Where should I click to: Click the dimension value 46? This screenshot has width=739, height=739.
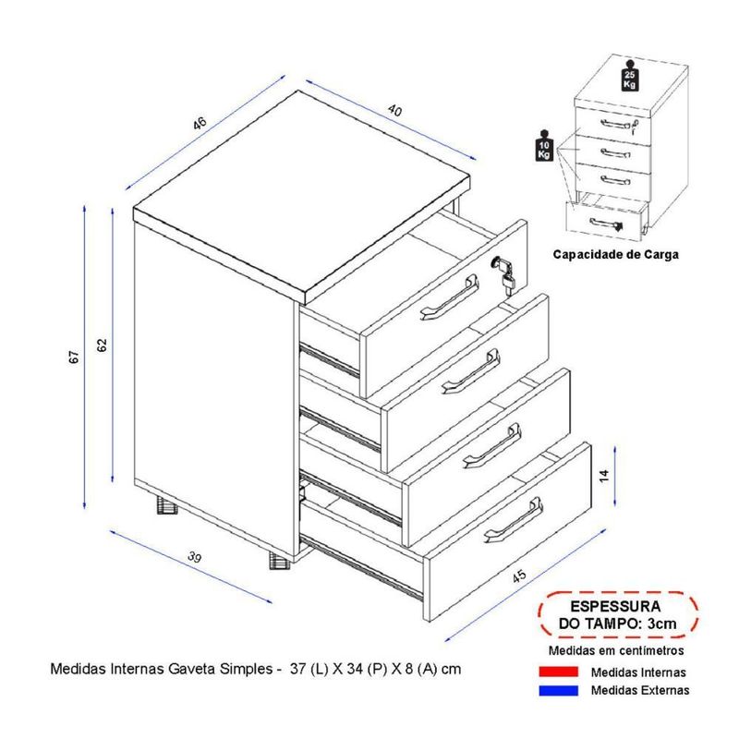[x=200, y=123]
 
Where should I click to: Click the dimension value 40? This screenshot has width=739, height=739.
[x=395, y=110]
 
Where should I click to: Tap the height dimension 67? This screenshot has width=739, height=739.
[x=74, y=357]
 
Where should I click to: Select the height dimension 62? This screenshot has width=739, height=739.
[x=102, y=345]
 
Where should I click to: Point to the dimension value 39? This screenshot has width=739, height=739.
[x=194, y=557]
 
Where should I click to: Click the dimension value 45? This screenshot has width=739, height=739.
[x=519, y=575]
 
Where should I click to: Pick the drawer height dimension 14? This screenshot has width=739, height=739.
[x=604, y=476]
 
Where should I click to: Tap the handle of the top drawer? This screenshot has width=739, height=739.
[x=450, y=297]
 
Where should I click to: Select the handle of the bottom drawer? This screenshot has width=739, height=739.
[x=514, y=520]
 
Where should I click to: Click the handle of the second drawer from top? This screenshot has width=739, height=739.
[x=471, y=371]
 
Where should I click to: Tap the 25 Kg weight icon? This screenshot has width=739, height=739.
[x=630, y=76]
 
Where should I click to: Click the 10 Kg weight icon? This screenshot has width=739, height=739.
[x=544, y=146]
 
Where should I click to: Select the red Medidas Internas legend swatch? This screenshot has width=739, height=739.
[x=558, y=672]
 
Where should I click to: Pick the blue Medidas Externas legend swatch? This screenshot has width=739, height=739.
[x=558, y=690]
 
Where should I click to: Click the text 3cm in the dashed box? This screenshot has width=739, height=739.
[x=661, y=624]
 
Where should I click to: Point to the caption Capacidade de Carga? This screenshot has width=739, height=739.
[x=615, y=255]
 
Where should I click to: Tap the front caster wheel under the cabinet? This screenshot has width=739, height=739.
[x=279, y=561]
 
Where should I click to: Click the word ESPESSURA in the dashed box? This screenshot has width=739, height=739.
[x=615, y=606]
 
